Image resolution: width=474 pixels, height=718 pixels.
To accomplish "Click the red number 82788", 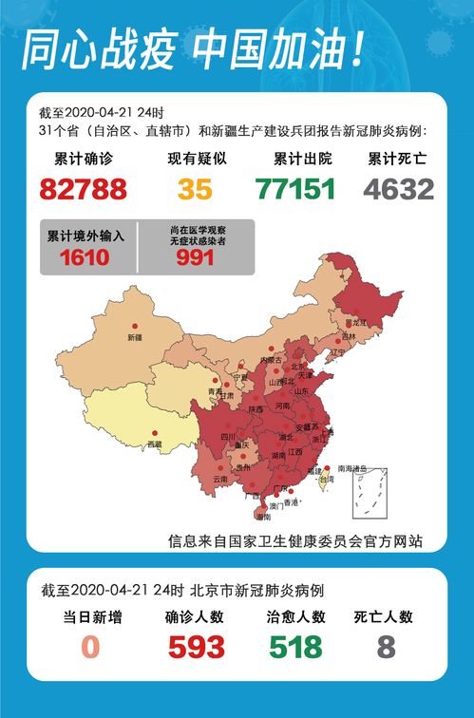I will coord(84,189).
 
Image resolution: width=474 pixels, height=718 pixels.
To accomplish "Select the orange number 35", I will coord(195,189).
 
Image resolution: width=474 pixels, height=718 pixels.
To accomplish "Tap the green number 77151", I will coord(295,189).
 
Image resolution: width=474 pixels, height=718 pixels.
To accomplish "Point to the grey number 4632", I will coord(400,189).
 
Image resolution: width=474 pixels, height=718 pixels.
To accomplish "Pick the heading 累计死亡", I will coord(400,159).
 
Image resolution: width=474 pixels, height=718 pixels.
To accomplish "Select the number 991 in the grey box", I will coord(195,257).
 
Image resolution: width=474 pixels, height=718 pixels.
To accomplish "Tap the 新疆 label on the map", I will coord(134,337).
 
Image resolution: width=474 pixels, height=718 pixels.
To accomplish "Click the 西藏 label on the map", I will coord(154,444).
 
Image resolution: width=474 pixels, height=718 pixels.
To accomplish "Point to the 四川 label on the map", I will coord(228,437).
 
